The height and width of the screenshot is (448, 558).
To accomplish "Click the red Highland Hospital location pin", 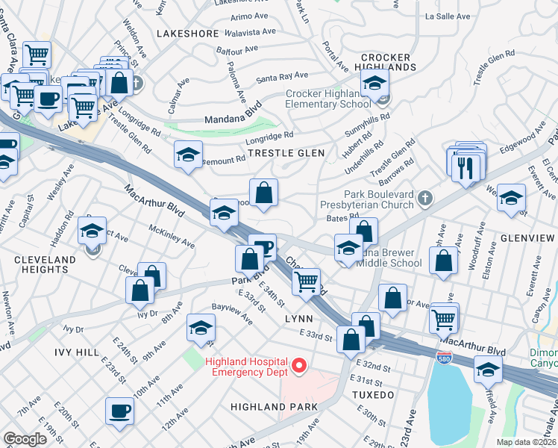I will [x=299, y=365].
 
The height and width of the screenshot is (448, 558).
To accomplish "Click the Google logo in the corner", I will [x=25, y=438].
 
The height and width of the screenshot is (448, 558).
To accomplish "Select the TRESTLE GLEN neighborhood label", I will [x=286, y=153].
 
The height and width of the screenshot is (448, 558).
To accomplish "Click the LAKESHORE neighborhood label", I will [x=187, y=34].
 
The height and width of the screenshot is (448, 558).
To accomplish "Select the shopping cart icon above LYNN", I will [x=306, y=281].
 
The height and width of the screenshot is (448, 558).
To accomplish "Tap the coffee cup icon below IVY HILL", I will [x=119, y=410].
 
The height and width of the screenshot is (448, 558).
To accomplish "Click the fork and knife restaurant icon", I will [x=467, y=168].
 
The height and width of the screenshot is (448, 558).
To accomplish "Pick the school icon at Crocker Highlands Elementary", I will [x=374, y=83].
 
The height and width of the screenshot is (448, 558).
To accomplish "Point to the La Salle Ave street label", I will [x=448, y=16].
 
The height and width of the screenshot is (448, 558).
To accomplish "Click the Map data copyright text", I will [x=527, y=442].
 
